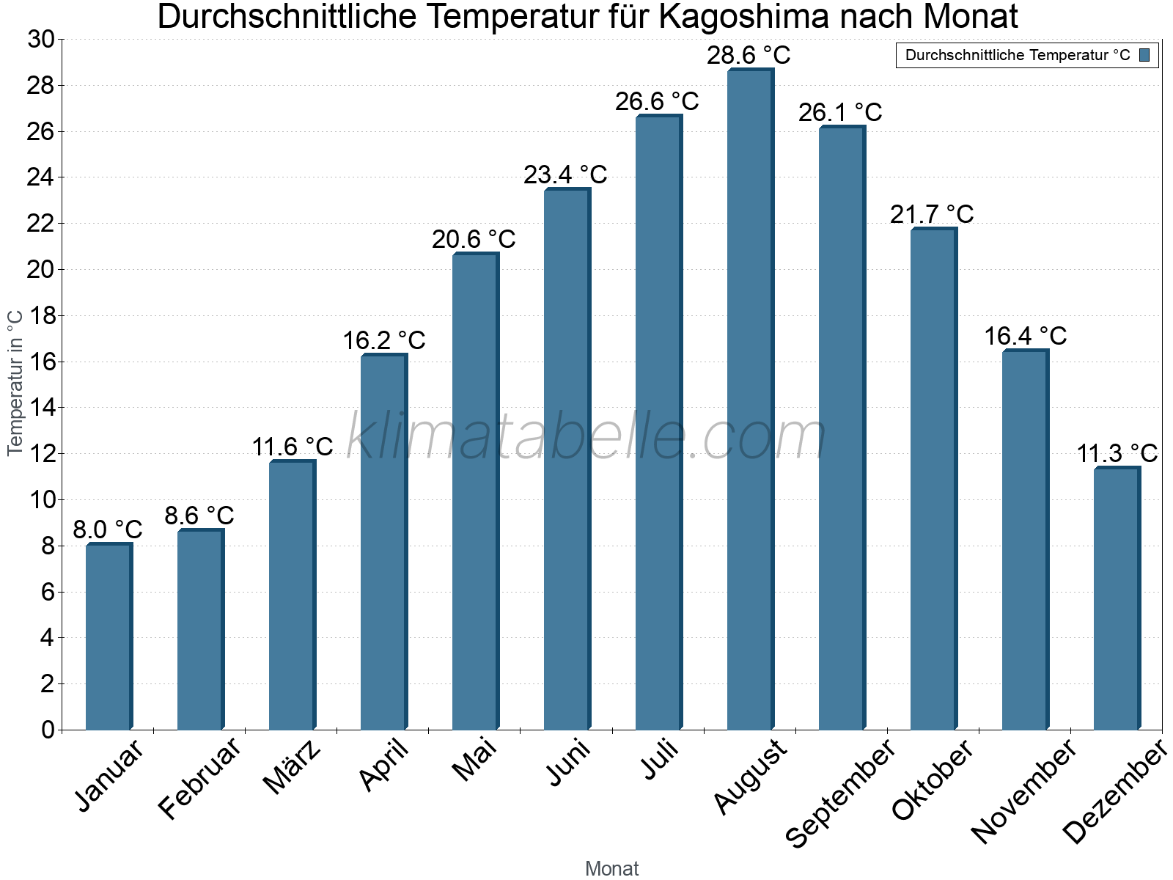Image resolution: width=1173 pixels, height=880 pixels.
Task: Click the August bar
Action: point(750,400)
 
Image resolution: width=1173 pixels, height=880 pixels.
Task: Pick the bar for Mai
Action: point(475,491)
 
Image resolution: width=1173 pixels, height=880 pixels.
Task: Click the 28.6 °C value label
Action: point(749,56)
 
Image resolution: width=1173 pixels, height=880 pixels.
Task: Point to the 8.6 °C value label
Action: point(199,516)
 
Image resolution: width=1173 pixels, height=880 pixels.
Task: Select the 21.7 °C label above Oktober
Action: point(932,214)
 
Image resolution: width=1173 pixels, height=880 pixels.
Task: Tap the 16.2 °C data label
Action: point(383,340)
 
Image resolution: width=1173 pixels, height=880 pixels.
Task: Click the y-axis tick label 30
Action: point(41,40)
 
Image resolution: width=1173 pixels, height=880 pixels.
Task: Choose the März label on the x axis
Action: point(292,768)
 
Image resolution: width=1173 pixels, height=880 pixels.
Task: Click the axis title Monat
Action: point(611,868)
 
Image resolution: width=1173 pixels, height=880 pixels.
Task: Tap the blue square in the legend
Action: point(1144,55)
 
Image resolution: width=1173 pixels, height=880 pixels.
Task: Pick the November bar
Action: point(1025,540)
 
